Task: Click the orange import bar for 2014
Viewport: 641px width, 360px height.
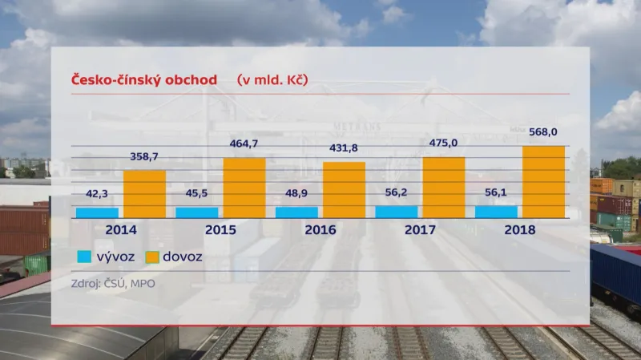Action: (145, 194)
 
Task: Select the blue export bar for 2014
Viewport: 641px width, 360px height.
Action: (97, 212)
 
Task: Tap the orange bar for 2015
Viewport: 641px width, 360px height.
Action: (244, 188)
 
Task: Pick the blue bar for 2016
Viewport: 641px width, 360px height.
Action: (296, 212)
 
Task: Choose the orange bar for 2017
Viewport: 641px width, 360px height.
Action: (443, 187)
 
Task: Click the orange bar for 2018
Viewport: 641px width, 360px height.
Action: (543, 181)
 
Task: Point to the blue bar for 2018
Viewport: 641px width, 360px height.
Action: (496, 212)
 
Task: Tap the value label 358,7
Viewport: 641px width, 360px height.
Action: (145, 159)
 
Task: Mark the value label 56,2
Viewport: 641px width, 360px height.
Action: (397, 193)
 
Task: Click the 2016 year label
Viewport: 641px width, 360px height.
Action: (320, 229)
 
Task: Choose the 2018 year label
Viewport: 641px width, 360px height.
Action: (519, 229)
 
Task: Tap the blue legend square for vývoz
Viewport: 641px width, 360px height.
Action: (83, 257)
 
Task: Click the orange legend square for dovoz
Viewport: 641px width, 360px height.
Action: (152, 257)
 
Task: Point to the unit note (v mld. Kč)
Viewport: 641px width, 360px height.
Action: (272, 79)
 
